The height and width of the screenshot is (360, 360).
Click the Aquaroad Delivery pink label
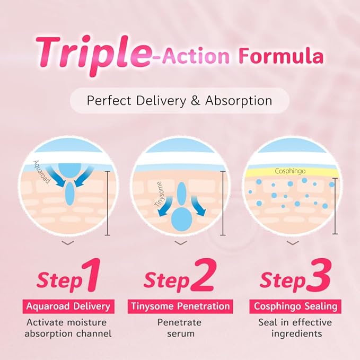click(68, 306)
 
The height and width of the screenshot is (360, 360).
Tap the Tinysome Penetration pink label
click(180, 306)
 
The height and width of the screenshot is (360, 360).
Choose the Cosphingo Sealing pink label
click(294, 306)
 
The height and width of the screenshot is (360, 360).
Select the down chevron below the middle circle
click(180, 243)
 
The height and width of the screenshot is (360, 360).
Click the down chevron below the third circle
click(293, 243)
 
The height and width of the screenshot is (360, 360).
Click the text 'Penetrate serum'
click(180, 328)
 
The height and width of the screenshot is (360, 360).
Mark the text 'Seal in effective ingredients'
click(294, 328)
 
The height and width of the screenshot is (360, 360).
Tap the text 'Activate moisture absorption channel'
click(67, 328)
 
